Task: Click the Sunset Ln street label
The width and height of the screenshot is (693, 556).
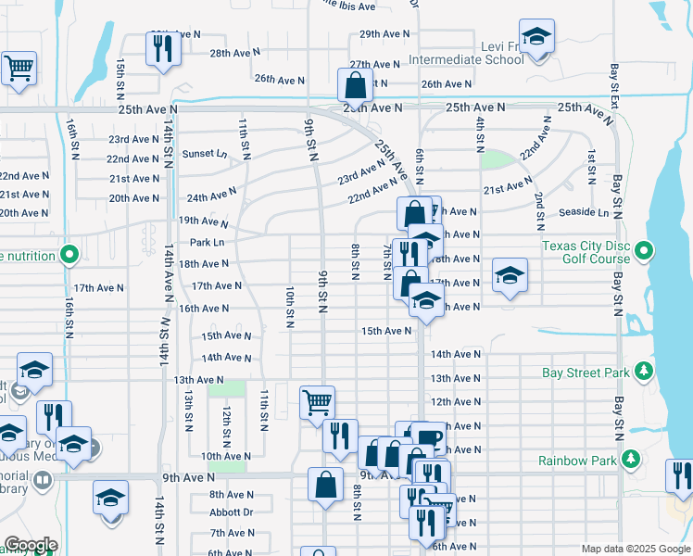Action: coord(204,154)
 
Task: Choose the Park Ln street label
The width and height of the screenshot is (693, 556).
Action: coord(207,243)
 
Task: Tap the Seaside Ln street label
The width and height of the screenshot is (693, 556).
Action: coord(584,213)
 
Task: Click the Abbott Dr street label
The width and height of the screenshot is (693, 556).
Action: coord(231,512)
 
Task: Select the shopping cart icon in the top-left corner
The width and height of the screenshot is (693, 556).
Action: coord(19,69)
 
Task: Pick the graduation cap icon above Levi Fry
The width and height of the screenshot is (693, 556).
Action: coord(535,37)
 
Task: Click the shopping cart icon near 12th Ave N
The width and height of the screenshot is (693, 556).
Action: coord(317,402)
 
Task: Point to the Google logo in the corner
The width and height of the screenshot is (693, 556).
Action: coord(31,545)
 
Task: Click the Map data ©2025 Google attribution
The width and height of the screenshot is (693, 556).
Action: coord(635,549)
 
